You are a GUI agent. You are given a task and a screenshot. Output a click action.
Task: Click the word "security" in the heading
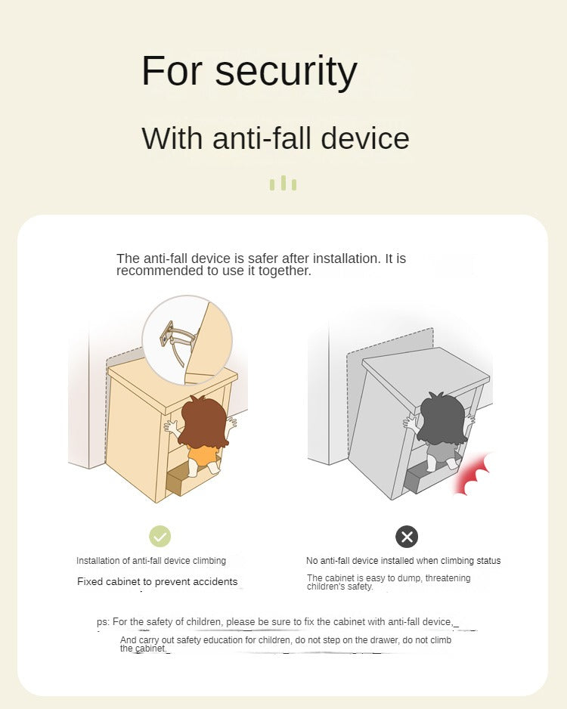[287, 71]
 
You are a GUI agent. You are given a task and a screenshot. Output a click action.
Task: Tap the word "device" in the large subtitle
[365, 138]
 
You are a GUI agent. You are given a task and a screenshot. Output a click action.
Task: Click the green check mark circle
[160, 536]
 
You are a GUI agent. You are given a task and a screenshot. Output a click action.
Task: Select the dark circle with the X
[407, 537]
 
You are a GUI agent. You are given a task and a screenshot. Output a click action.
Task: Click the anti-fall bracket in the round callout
[175, 339]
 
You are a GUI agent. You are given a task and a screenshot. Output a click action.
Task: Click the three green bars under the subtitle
[283, 183]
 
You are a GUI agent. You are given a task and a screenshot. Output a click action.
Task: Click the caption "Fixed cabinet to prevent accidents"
[157, 581]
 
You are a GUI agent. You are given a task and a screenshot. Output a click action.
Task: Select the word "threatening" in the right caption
[448, 578]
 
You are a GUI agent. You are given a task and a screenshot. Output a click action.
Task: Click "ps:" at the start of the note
[103, 622]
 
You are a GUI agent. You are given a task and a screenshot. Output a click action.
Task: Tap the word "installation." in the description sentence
[347, 259]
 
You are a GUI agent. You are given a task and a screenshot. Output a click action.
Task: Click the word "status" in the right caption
[487, 561]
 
